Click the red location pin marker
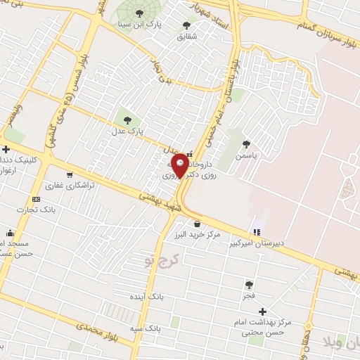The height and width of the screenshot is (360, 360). pyautogui.click(x=179, y=165)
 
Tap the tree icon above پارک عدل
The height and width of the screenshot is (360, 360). pyautogui.click(x=127, y=119)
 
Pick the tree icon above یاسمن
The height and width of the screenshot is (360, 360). pyautogui.click(x=246, y=143)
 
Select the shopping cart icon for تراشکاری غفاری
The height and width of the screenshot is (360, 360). pyautogui.click(x=69, y=175)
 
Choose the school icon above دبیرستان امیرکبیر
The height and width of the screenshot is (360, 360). pyautogui.click(x=257, y=232)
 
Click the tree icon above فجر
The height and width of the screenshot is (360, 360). pyautogui.click(x=248, y=285)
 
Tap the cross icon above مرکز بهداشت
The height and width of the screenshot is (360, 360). pyautogui.click(x=263, y=311)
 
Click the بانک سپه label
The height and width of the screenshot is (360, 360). pyautogui.click(x=146, y=328)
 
